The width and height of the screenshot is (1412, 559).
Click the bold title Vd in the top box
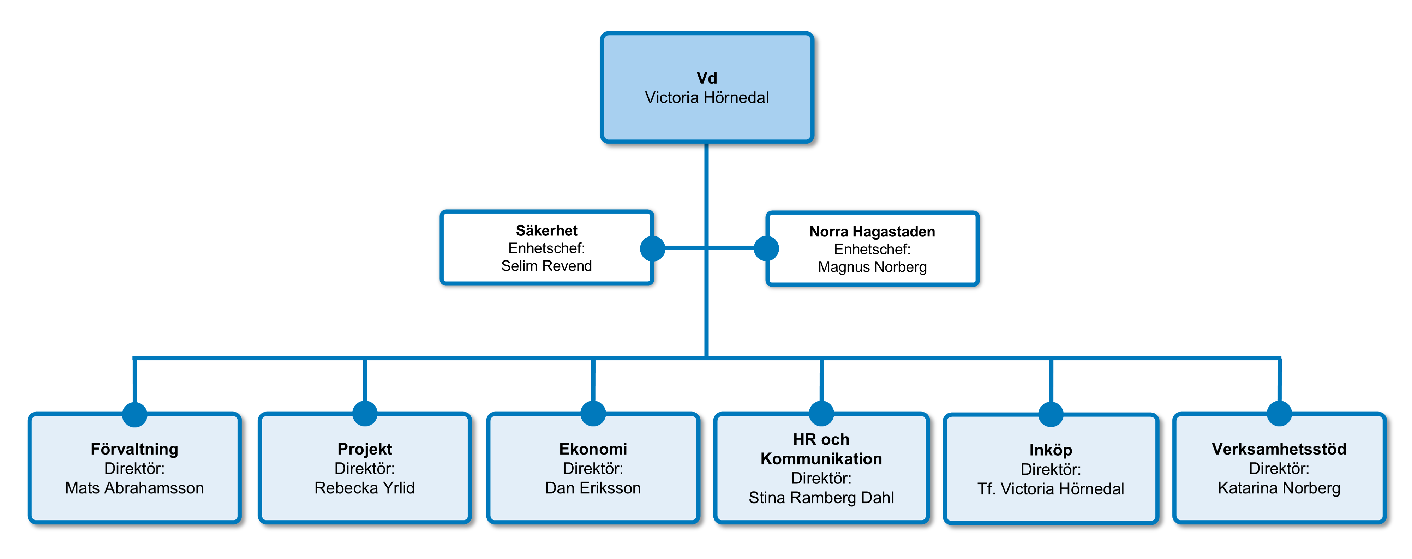(707, 78)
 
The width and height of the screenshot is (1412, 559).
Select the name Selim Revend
(546, 266)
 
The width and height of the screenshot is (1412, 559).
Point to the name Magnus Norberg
(872, 267)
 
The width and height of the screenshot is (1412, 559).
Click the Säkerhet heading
(546, 230)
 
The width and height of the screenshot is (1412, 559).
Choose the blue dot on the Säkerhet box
(652, 248)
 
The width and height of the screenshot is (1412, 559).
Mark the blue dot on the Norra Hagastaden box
(766, 248)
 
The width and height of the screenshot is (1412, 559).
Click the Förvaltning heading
(134, 449)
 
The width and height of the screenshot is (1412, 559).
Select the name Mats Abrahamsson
(134, 488)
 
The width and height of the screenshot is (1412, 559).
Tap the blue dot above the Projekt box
(365, 414)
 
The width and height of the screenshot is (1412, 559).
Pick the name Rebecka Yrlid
(365, 488)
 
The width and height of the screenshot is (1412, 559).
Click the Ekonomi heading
(593, 449)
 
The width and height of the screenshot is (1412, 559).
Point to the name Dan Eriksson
(593, 488)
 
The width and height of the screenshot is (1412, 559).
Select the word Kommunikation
(821, 459)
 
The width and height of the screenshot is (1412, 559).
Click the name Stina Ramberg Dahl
(821, 498)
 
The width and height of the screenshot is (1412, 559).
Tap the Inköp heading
(1050, 450)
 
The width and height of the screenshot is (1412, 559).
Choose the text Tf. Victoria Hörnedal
(1050, 489)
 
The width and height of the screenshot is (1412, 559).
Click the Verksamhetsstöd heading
(1279, 449)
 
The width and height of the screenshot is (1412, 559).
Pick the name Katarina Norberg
(1279, 488)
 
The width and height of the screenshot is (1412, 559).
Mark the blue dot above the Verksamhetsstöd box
(1279, 414)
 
